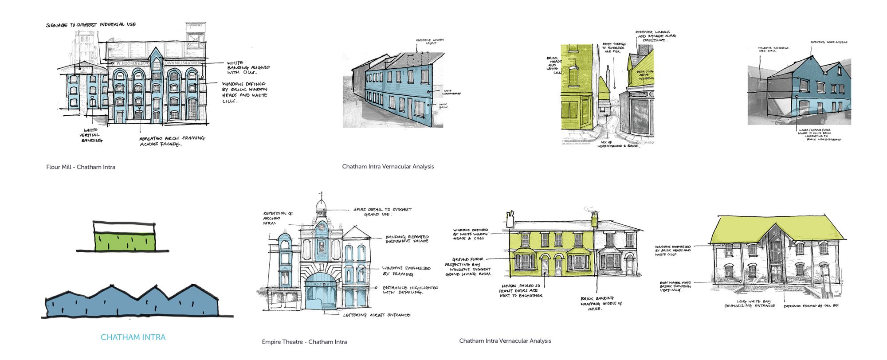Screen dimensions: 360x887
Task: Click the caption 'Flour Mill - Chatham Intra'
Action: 81,167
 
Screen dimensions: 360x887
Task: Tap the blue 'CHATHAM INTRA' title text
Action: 133,337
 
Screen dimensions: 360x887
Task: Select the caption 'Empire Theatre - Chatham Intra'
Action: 304,342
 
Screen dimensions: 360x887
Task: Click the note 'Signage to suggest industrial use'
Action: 91,25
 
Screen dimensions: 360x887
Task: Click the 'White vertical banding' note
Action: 91,135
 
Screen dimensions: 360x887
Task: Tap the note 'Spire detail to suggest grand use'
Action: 382,211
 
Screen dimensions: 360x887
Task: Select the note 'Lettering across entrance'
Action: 377,315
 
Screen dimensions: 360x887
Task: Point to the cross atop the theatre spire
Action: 321,195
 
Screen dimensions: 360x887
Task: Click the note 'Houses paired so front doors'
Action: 521,291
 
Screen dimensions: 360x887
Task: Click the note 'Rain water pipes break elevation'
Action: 675,286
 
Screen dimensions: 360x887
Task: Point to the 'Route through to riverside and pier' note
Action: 614,48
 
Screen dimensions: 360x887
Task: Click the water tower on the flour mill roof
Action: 195,35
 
